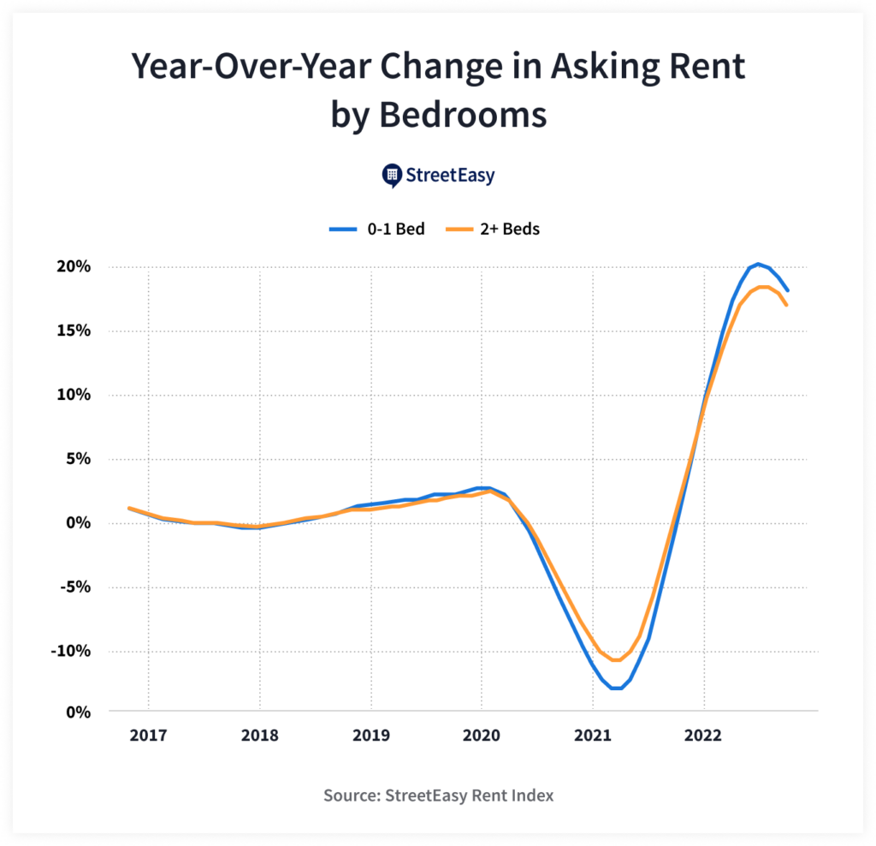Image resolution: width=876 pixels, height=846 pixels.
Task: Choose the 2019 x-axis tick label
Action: (x=370, y=735)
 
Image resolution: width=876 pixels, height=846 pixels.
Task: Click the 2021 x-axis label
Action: (x=592, y=735)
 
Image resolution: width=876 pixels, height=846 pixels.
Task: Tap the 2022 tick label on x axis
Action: (x=703, y=735)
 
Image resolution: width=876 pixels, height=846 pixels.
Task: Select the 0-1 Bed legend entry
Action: (x=377, y=229)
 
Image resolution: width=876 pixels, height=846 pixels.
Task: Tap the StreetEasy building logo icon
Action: (x=391, y=176)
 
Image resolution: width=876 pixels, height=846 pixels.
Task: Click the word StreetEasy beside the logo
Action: (x=450, y=176)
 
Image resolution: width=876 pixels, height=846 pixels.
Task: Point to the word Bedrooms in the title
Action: (x=461, y=113)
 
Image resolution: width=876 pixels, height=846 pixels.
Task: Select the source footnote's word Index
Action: (x=531, y=795)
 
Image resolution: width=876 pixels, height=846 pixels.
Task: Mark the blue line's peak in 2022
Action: (x=758, y=264)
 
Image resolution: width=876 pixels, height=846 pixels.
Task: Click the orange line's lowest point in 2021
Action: (x=615, y=660)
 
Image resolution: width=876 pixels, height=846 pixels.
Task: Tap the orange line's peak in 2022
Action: (x=763, y=287)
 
